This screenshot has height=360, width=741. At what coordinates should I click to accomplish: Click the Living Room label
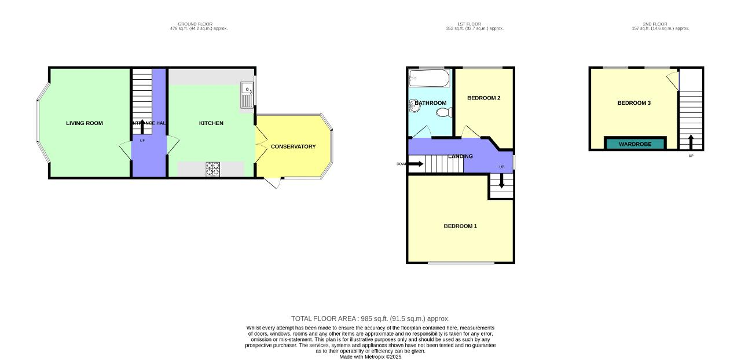click(x=85, y=123)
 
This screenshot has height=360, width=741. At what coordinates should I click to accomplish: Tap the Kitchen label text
click(x=211, y=123)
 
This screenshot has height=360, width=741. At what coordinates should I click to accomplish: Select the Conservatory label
click(x=293, y=147)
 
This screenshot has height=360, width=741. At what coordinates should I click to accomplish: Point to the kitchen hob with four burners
click(x=213, y=168)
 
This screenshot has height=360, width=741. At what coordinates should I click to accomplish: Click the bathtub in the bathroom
click(x=428, y=78)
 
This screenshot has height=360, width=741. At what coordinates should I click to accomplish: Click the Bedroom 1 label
click(x=460, y=226)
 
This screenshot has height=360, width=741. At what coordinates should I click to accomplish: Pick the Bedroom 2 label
click(x=483, y=98)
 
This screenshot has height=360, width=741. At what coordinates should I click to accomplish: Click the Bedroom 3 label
click(x=634, y=104)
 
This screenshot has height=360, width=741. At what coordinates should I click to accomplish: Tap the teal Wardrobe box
click(x=635, y=144)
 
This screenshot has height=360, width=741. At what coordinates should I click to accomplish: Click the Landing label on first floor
click(x=460, y=156)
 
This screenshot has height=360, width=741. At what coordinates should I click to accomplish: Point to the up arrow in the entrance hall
click(x=142, y=127)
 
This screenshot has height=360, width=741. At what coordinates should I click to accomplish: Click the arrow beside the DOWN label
click(x=415, y=164)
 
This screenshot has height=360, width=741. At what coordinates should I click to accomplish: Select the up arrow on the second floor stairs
click(x=690, y=141)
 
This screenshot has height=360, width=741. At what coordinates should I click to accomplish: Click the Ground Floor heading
click(x=195, y=24)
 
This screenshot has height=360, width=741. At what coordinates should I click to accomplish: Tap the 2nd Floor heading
click(x=655, y=24)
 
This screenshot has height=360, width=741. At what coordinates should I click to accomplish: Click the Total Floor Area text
click(x=370, y=319)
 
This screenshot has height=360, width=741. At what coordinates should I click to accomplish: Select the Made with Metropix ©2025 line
click(x=370, y=357)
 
